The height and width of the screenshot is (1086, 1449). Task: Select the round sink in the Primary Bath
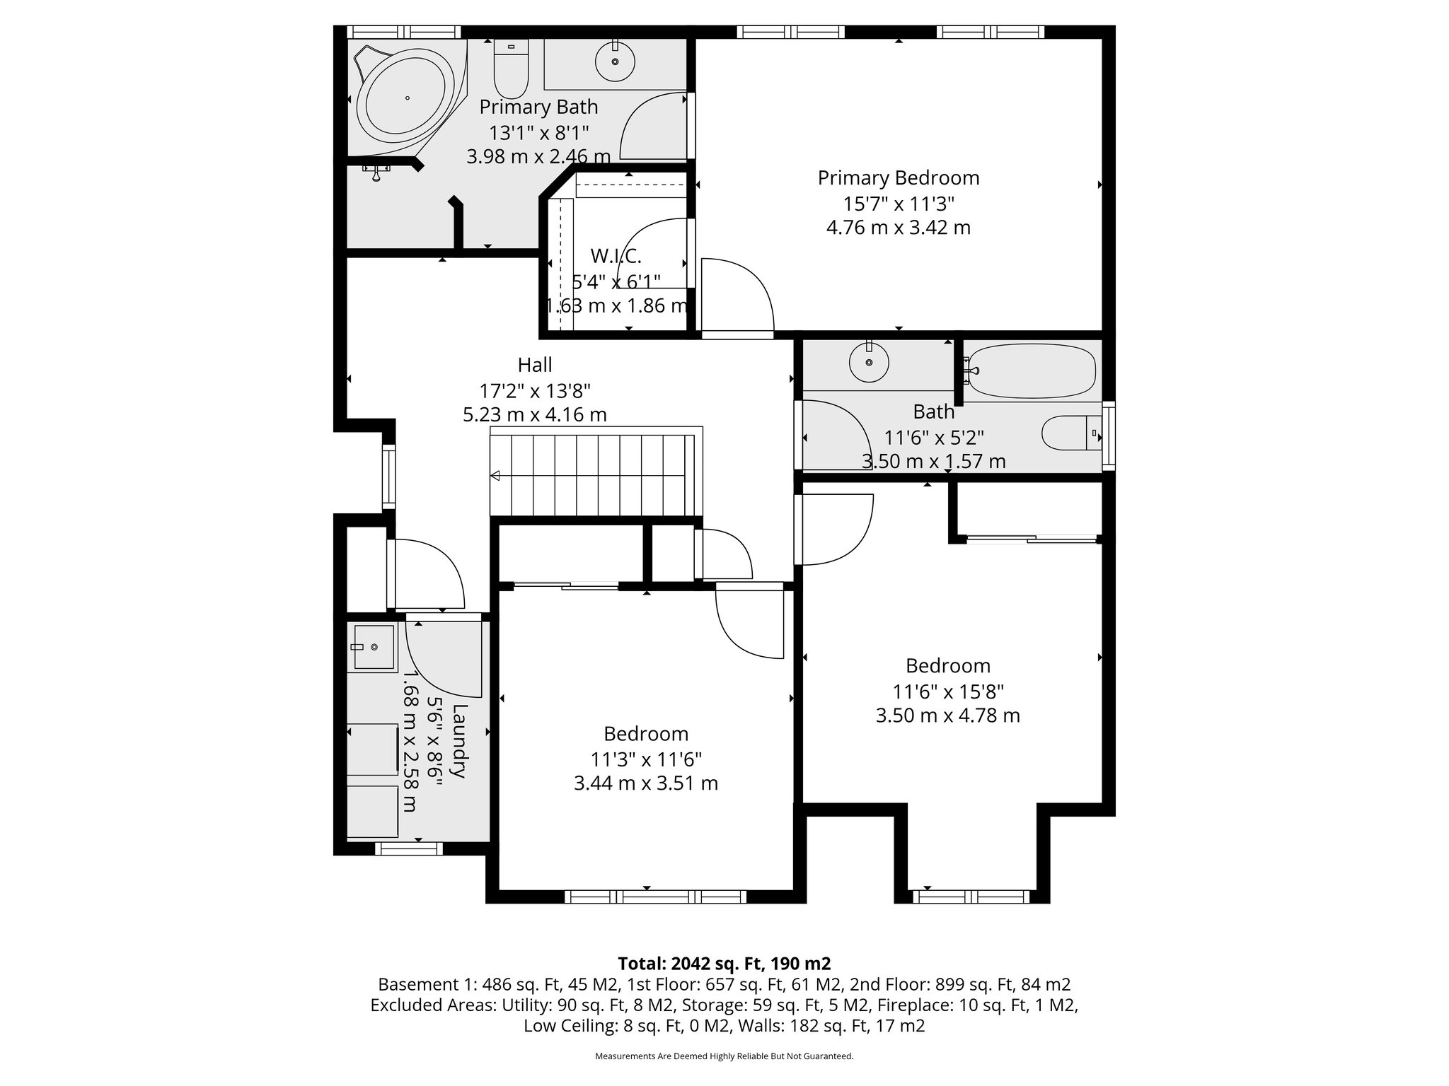pos(614,62)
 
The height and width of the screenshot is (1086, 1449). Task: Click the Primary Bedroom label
pos(899,177)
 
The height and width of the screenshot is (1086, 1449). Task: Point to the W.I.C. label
pos(616,256)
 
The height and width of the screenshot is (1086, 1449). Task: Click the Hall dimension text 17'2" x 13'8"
pos(535,390)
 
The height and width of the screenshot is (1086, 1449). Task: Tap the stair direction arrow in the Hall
pos(496,476)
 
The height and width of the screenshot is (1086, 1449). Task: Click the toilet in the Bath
pos(1070,433)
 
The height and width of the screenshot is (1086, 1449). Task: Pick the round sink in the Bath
pos(868,363)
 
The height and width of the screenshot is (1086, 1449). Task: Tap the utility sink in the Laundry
pos(374,647)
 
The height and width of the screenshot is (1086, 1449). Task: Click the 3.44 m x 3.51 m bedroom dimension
pos(646,783)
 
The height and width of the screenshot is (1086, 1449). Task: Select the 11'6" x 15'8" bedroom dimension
pos(947,691)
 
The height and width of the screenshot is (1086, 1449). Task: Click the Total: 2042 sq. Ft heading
pos(724,964)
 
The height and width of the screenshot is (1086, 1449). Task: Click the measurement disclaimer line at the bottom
pos(724,1056)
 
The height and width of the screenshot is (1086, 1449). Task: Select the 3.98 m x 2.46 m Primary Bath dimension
pos(538,156)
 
